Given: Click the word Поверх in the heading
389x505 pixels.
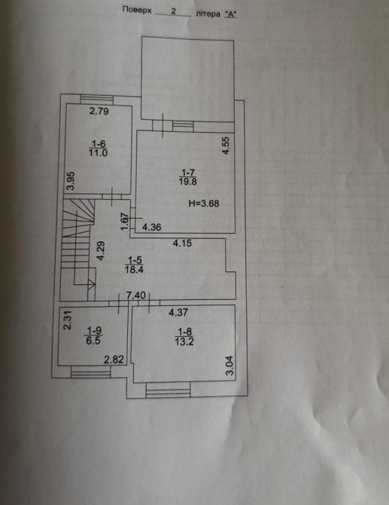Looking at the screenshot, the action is [x=137, y=10].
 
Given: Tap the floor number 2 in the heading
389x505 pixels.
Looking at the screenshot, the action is [x=174, y=11].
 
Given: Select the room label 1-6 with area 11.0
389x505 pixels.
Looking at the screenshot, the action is [x=99, y=148].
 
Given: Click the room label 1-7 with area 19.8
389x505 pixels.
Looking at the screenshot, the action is [x=188, y=177].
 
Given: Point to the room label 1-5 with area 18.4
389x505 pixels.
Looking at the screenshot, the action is [x=134, y=265].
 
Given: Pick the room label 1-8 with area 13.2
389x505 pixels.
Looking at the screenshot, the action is [x=184, y=337].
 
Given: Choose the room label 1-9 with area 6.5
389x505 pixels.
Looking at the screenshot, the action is [x=93, y=336].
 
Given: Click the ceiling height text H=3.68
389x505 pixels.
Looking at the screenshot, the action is [x=204, y=204].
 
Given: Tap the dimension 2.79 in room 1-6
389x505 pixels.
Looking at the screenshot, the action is [x=99, y=112].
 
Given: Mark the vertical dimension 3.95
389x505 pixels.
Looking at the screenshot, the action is [x=71, y=181].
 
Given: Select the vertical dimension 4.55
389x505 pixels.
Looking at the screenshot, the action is [x=226, y=146].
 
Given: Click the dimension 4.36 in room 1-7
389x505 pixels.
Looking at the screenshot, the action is [x=152, y=228].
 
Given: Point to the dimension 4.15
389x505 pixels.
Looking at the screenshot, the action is [x=182, y=243].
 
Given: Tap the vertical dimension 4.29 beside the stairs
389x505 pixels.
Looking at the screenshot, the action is [x=101, y=251].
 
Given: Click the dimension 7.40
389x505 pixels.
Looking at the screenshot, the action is [x=136, y=295].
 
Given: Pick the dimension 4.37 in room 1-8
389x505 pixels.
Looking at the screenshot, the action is [x=178, y=312].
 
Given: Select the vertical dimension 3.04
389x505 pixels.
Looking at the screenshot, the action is [x=230, y=366].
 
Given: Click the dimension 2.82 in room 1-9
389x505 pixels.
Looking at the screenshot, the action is [x=114, y=360].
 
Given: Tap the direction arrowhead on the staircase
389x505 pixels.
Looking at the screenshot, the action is [x=92, y=283].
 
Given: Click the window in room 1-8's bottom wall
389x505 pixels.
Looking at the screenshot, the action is [x=168, y=390].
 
